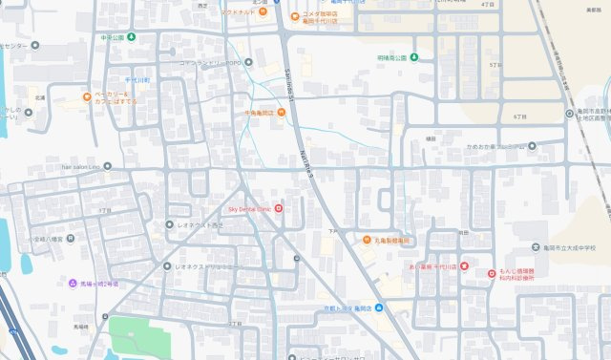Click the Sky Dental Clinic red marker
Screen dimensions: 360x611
coord(279,208)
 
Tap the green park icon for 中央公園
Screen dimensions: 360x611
coord(131,37)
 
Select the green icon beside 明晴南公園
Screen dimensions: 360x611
coord(415,57)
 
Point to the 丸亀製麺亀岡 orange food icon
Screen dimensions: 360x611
coord(367,240)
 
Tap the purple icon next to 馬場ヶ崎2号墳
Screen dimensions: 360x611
coord(73,284)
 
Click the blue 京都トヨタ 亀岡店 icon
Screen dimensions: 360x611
coord(379,307)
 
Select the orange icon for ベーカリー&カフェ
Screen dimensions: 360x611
coord(86,96)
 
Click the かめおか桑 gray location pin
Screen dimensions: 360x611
coord(533,146)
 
